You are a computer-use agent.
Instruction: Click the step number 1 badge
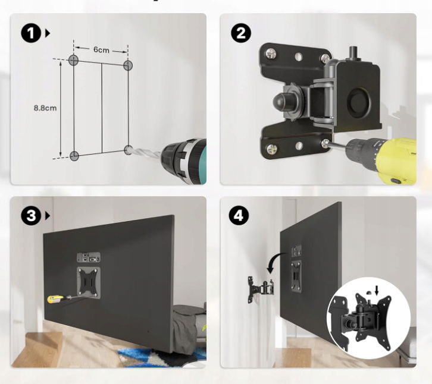pyautogui.click(x=31, y=33)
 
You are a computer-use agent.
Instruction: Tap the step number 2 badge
pyautogui.click(x=241, y=33)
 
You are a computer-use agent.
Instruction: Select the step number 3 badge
pyautogui.click(x=31, y=216)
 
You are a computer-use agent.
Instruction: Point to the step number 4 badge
pyautogui.click(x=239, y=216)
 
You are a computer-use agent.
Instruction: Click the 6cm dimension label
pyautogui.click(x=101, y=50)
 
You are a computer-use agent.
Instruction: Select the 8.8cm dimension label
pyautogui.click(x=45, y=108)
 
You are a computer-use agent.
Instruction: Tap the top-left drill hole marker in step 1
pyautogui.click(x=74, y=59)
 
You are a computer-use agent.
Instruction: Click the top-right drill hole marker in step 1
pyautogui.click(x=128, y=65)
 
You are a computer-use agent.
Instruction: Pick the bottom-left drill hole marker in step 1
pyautogui.click(x=74, y=156)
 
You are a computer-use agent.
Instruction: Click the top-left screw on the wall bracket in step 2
pyautogui.click(x=271, y=53)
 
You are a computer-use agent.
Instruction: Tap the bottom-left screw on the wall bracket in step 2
pyautogui.click(x=272, y=149)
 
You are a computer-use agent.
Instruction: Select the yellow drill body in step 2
pyautogui.click(x=397, y=161)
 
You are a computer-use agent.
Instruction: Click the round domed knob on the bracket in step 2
pyautogui.click(x=280, y=101)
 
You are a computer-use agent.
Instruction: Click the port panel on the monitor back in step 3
pyautogui.click(x=89, y=257)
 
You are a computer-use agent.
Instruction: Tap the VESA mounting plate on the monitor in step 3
pyautogui.click(x=89, y=282)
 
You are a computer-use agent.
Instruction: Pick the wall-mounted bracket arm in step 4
pyautogui.click(x=261, y=289)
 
